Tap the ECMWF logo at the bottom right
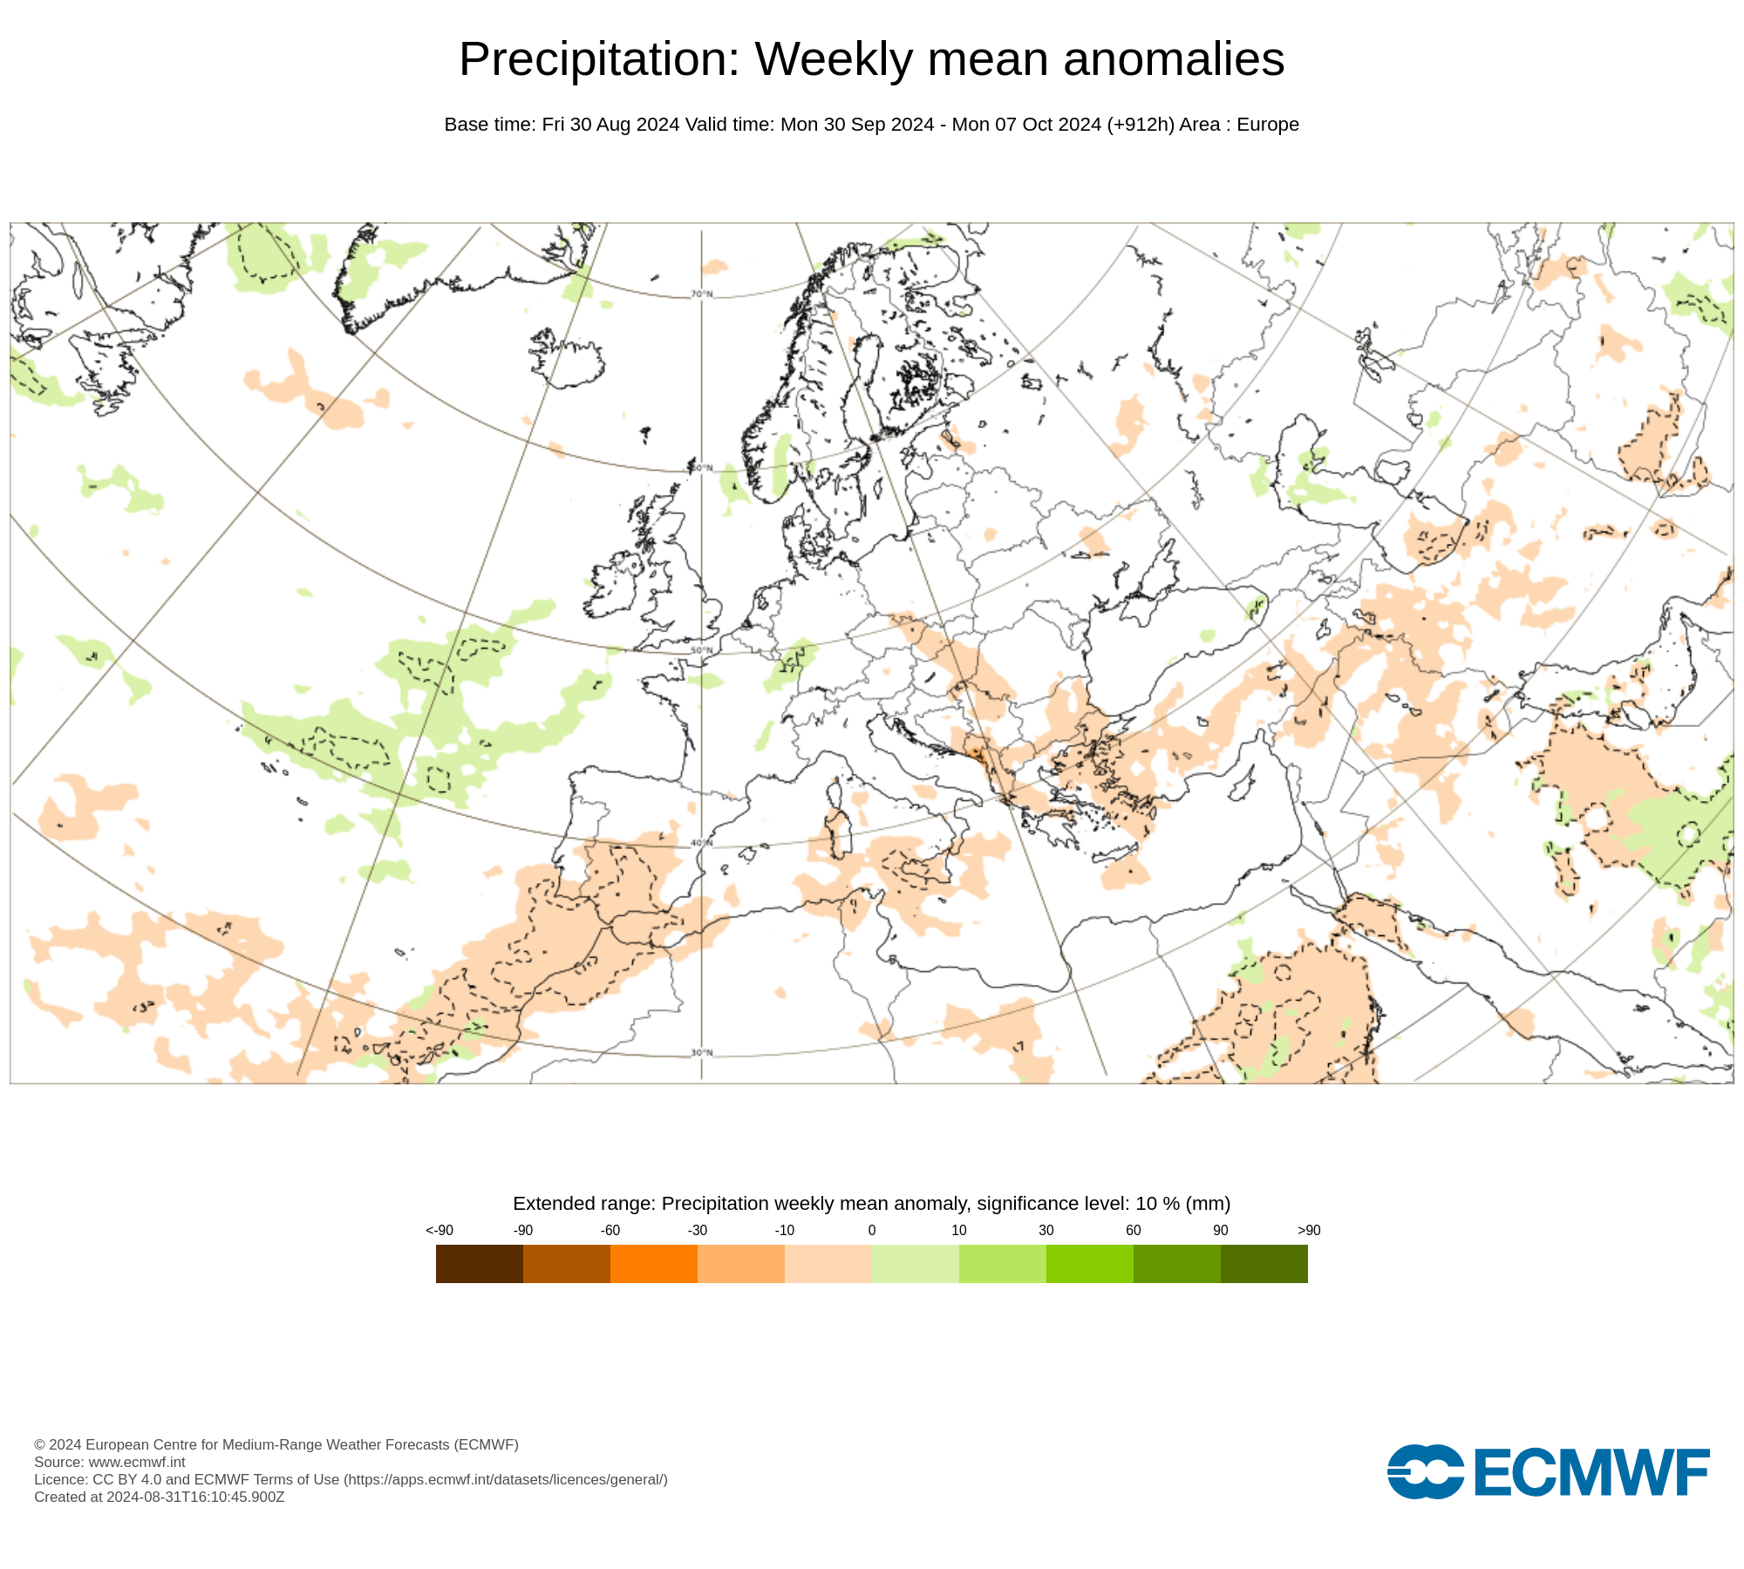(1548, 1472)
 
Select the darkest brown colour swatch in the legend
(479, 1263)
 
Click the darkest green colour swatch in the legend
(1264, 1263)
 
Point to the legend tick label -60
(610, 1230)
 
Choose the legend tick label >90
(1309, 1230)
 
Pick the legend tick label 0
(872, 1230)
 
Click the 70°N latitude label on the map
(702, 294)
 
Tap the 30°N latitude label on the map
(702, 1053)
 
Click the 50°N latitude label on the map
(702, 650)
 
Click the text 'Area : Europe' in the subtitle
(1239, 125)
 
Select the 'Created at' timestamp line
(160, 1497)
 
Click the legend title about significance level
(872, 1204)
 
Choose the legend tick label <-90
(439, 1230)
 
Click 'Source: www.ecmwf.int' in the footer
(110, 1462)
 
